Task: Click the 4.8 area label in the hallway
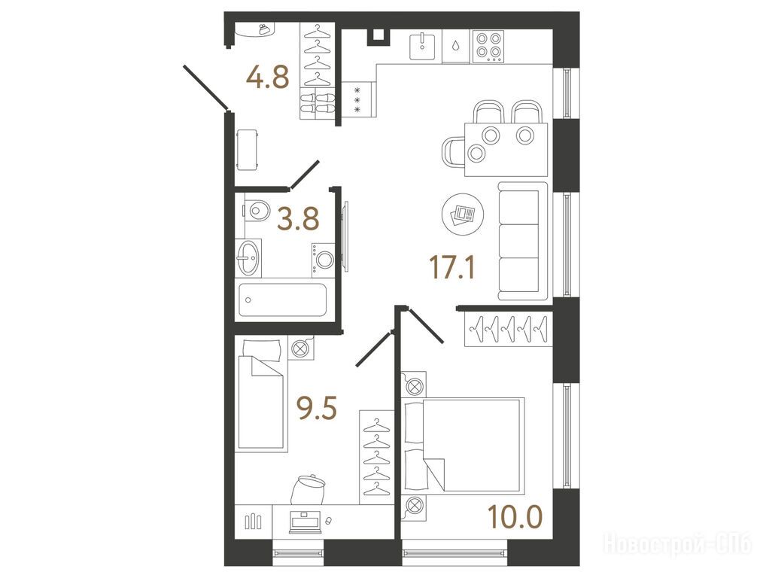tap(268, 78)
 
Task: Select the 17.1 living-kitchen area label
tap(452, 267)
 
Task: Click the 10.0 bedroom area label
tap(515, 517)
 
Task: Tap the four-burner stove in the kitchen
tap(488, 46)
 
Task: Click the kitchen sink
tap(422, 46)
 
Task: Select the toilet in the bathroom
tap(256, 211)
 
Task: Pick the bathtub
tap(282, 300)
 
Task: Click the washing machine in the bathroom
tap(323, 260)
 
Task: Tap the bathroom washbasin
tap(248, 258)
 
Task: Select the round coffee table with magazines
tap(463, 214)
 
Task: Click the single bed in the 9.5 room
tap(261, 396)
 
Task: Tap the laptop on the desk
tap(305, 522)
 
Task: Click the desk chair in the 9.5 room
tap(308, 489)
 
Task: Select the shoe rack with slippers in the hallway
tap(317, 103)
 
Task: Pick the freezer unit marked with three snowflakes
tap(359, 100)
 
